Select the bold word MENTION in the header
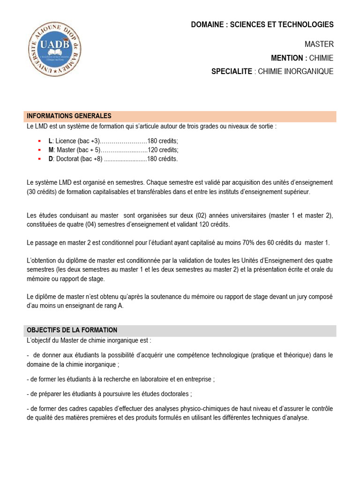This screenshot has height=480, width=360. coord(287,58)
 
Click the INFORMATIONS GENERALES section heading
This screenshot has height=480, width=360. coord(69,116)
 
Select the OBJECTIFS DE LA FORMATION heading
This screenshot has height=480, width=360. coord(72,330)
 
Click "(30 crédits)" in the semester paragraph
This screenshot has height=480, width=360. coord(44,192)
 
